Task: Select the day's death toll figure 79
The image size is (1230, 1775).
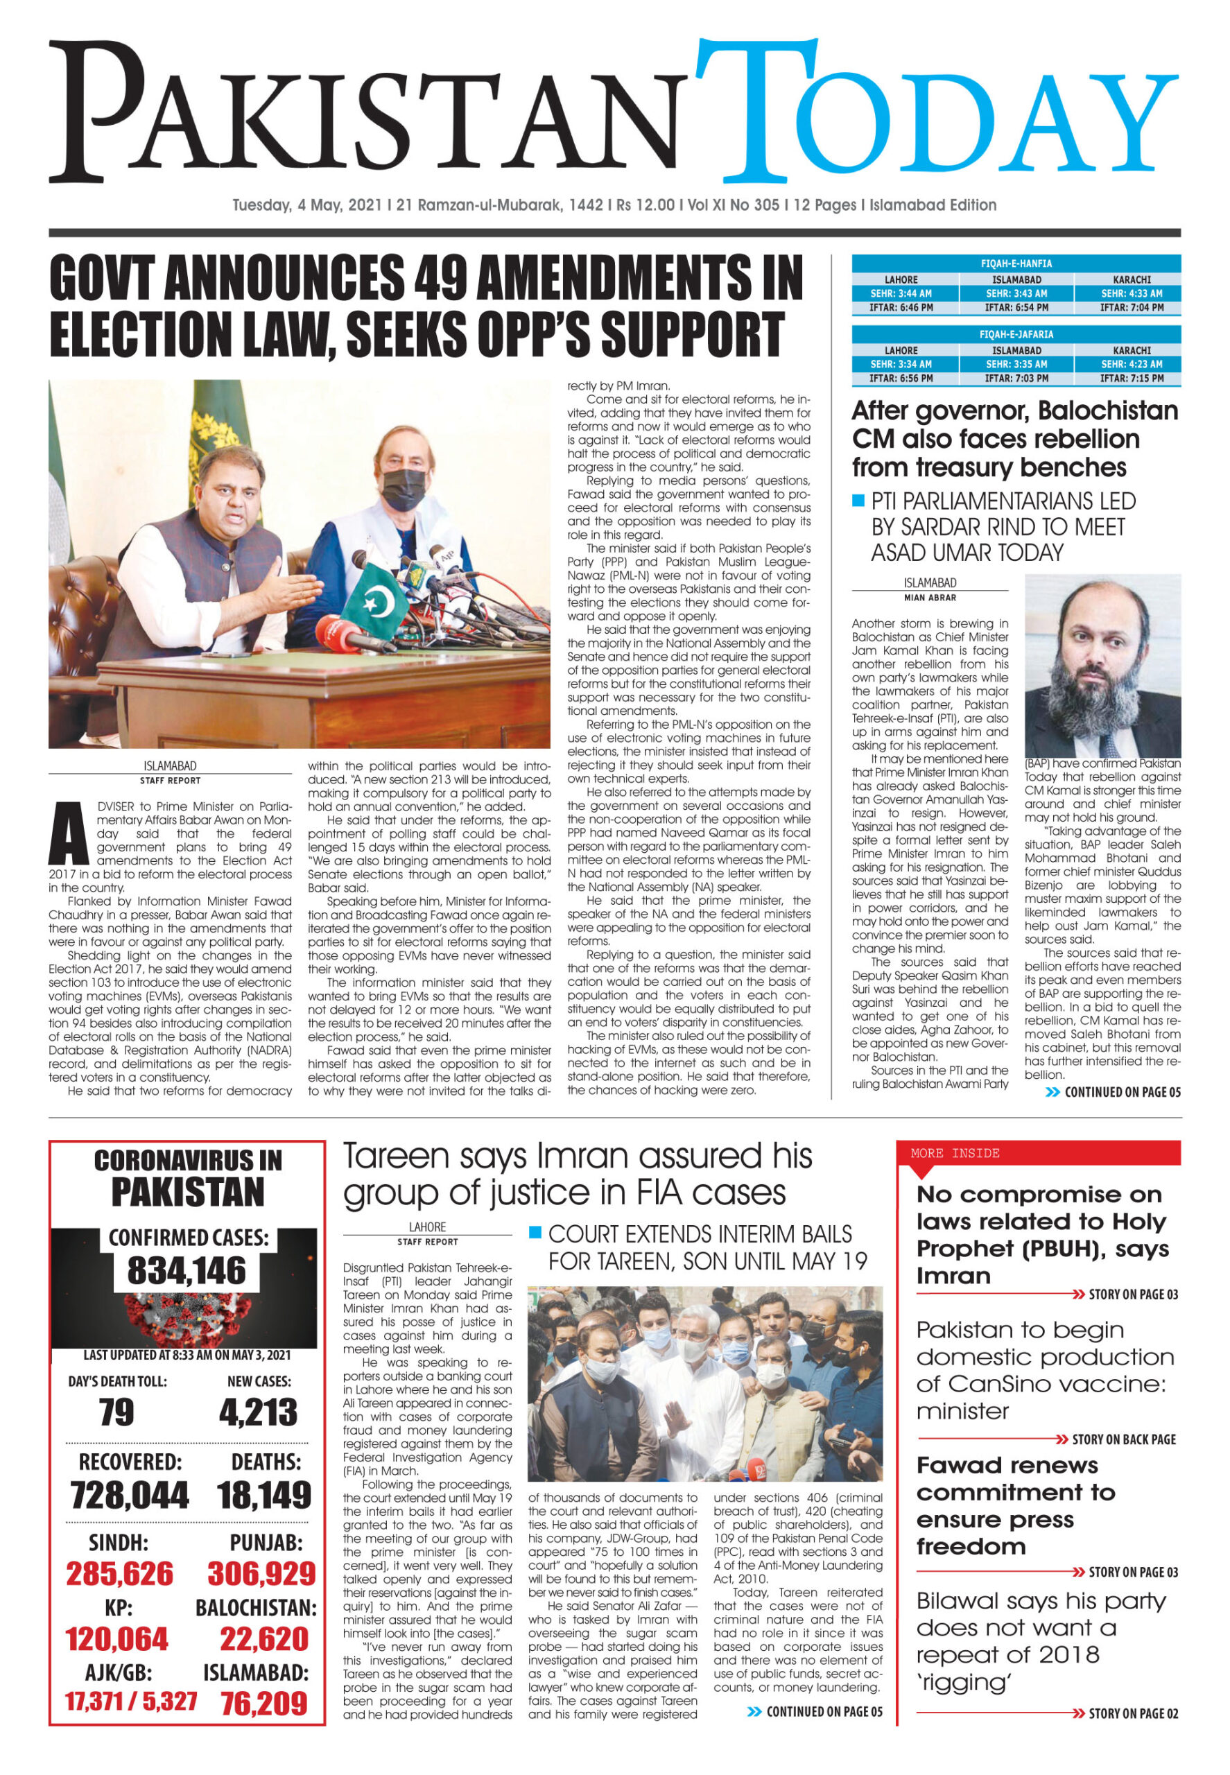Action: point(116,1412)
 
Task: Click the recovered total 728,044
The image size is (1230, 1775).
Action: point(129,1495)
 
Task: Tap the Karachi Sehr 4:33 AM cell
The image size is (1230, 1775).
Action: point(1132,294)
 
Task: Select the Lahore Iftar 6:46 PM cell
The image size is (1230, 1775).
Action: point(901,308)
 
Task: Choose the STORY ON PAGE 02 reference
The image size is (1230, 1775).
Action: point(1133,1714)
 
